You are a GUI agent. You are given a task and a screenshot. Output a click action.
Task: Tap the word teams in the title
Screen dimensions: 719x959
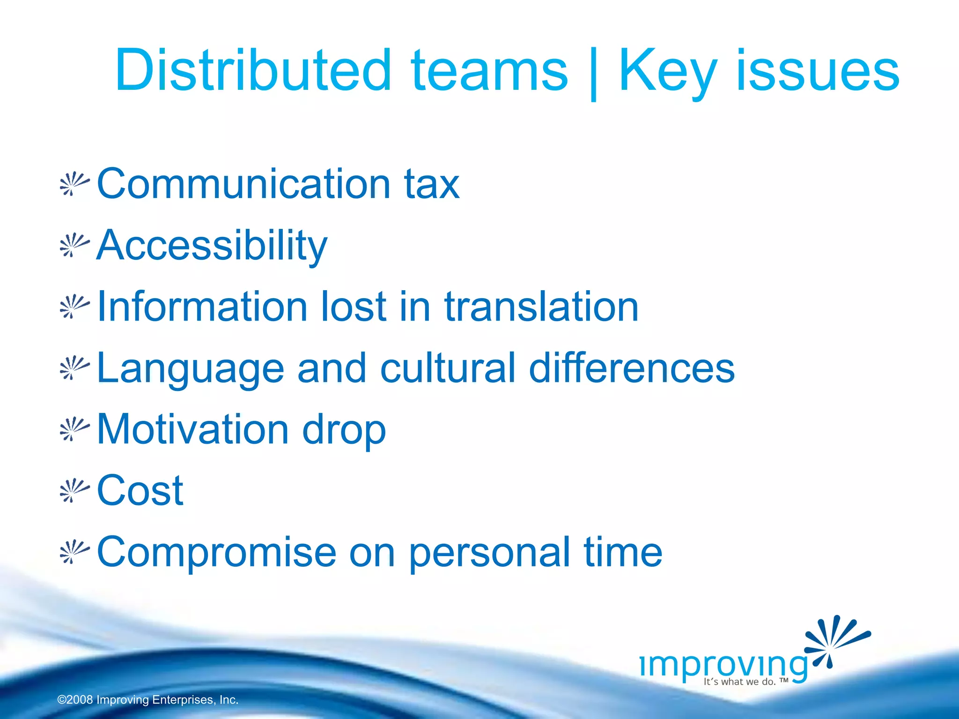point(489,71)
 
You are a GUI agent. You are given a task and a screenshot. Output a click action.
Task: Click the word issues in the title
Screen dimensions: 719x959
point(818,71)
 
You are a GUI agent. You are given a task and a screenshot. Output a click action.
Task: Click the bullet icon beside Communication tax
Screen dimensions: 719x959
point(74,184)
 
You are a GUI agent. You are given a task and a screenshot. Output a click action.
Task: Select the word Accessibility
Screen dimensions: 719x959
point(212,246)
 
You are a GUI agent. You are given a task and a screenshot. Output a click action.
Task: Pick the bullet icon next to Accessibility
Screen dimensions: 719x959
point(74,246)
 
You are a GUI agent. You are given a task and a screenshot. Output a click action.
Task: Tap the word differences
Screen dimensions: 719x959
point(632,368)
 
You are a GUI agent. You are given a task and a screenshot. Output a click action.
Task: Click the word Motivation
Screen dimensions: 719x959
point(192,429)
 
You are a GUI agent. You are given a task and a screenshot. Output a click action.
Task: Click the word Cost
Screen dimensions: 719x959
point(140,491)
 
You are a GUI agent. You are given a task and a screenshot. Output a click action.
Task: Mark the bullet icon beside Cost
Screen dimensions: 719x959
point(74,491)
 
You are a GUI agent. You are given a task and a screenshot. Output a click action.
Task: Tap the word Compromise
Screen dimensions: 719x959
point(216,553)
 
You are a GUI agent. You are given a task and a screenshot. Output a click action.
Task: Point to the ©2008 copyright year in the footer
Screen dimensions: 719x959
point(75,700)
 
